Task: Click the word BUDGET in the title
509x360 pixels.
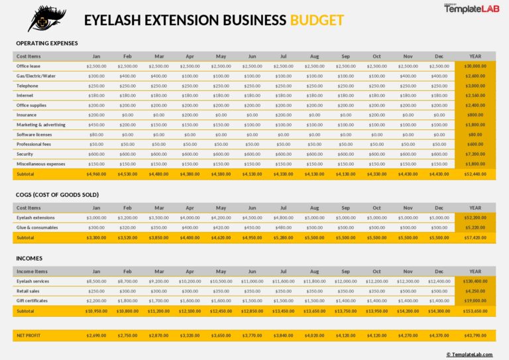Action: tap(317, 20)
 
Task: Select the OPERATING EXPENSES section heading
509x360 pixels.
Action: tap(46, 43)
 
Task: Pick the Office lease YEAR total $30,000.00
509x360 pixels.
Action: tap(475, 66)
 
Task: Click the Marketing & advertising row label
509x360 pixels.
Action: tap(41, 124)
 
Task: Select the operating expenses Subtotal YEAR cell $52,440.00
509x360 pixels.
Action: tap(475, 174)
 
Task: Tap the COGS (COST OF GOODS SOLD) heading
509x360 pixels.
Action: tap(57, 195)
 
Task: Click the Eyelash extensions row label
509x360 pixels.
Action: tap(36, 217)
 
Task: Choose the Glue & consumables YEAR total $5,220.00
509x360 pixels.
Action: tap(475, 227)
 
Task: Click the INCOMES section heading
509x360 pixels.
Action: tap(29, 259)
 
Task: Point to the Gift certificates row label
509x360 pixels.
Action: tap(33, 301)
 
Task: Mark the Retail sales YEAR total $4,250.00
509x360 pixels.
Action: tap(475, 291)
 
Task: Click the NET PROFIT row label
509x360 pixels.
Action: tap(28, 336)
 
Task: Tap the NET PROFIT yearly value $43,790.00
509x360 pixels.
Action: tap(475, 336)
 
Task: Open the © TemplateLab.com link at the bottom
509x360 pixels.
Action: tap(473, 354)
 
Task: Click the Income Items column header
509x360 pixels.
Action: tap(32, 271)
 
